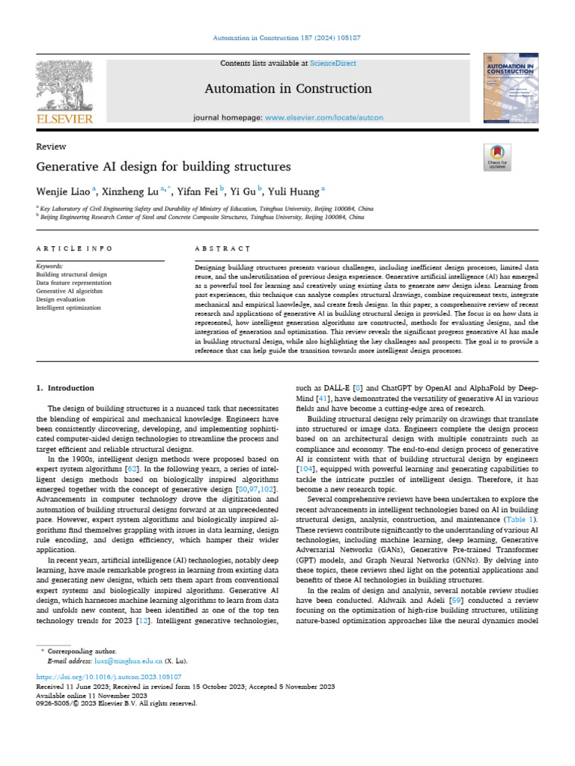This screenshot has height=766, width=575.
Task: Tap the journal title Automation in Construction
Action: click(x=287, y=89)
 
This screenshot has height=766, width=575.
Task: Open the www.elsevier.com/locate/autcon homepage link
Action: click(x=324, y=117)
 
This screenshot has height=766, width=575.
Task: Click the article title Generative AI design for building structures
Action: click(x=163, y=166)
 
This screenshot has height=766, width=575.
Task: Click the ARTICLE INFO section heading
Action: click(x=74, y=248)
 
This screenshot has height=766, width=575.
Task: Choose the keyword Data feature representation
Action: click(x=73, y=283)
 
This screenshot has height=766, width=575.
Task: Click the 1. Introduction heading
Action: click(x=65, y=388)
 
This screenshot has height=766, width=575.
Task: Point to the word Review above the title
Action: click(x=51, y=147)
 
